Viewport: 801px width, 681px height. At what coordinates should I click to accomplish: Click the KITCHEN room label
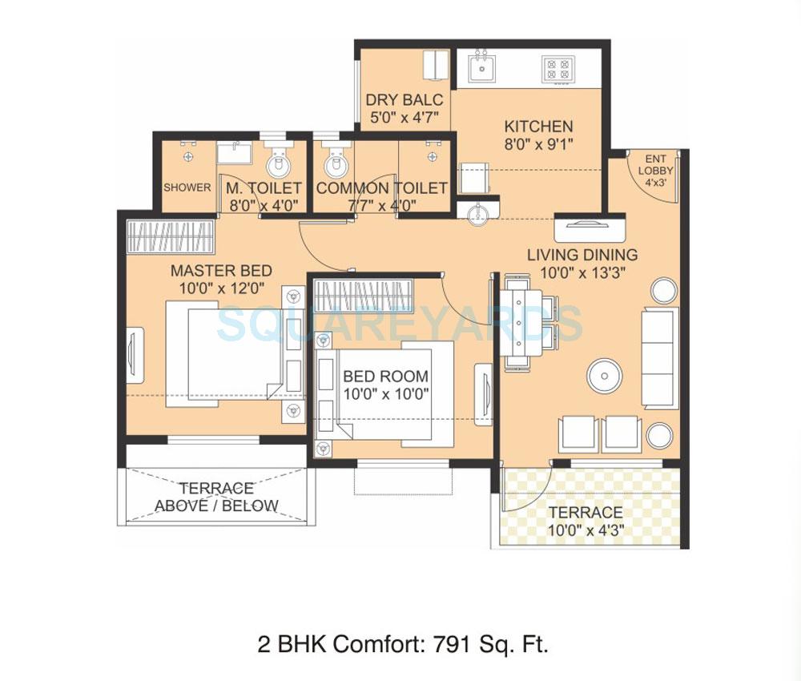pos(538,127)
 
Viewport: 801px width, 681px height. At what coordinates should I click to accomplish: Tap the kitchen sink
pos(481,67)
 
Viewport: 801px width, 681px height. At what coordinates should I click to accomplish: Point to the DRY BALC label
pos(404,101)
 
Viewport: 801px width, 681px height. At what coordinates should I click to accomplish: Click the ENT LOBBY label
pos(655,165)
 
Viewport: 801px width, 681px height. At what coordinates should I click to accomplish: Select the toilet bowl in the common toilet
pos(334,163)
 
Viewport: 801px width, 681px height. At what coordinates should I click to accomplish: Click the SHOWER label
pos(187,187)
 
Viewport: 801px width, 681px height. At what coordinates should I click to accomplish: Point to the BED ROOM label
pos(385,376)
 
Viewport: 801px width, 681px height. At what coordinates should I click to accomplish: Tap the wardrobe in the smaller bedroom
pos(363,294)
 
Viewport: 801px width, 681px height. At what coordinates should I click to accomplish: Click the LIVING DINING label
pos(582,255)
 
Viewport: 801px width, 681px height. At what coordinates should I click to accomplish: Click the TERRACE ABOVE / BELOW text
pos(216,497)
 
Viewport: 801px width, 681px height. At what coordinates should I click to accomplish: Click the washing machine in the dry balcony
pos(437,65)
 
